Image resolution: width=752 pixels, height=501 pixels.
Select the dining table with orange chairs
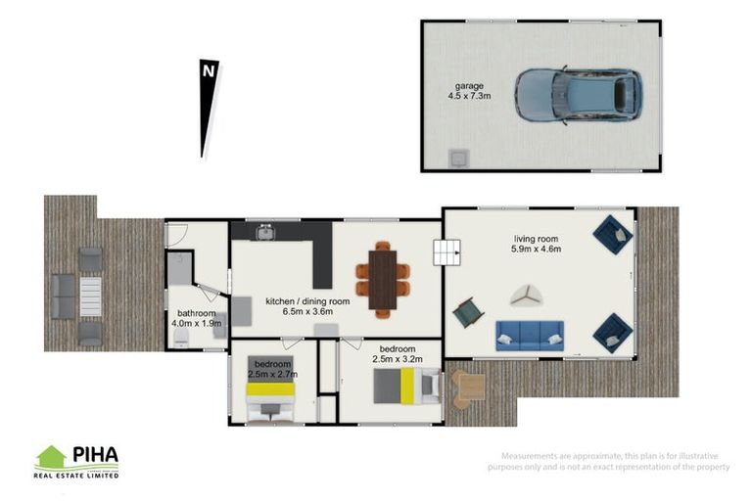[x=383, y=279]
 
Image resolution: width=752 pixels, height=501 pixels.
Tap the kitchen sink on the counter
[x=264, y=232]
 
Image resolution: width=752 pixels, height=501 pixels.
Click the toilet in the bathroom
[x=182, y=338]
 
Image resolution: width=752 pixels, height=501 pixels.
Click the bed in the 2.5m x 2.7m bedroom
[x=270, y=398]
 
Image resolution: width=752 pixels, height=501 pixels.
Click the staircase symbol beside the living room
[x=446, y=254]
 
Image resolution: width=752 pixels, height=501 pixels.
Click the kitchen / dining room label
[x=306, y=301]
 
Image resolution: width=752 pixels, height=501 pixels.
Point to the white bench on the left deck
[x=89, y=295]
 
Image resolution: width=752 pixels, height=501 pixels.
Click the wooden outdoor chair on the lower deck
[x=467, y=387]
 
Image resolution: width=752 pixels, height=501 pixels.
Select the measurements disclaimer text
[x=616, y=462]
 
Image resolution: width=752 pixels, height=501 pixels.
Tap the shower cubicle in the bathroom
[x=179, y=268]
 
